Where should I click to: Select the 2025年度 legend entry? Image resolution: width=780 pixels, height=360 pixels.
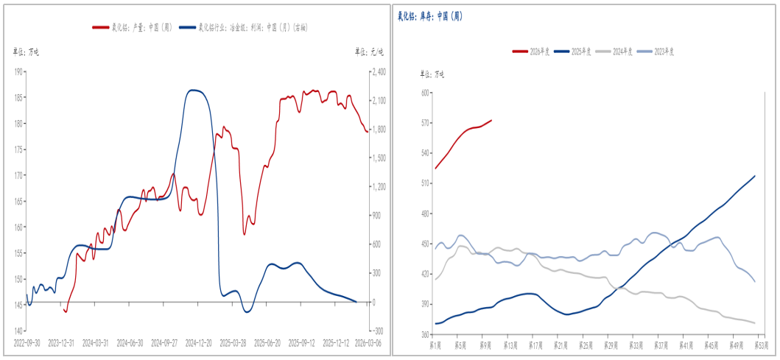[x=577, y=51]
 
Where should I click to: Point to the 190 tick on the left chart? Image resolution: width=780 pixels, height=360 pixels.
[x=18, y=72]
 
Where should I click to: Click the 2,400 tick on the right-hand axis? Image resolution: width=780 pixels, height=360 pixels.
[x=379, y=72]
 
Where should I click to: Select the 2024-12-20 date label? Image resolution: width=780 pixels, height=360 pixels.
[x=199, y=342]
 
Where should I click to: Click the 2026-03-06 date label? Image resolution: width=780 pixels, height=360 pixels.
[x=369, y=342]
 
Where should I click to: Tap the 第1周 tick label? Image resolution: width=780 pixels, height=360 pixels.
[x=436, y=344]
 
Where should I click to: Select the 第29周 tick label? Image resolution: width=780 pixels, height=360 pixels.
[x=610, y=344]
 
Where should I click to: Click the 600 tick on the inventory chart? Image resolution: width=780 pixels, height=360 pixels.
[x=425, y=93]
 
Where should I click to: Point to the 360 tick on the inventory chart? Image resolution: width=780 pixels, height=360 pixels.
[x=425, y=334]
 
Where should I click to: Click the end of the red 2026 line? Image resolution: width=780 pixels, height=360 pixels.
[x=492, y=120]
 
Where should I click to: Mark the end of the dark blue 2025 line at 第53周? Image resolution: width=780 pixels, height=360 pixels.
[x=755, y=176]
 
